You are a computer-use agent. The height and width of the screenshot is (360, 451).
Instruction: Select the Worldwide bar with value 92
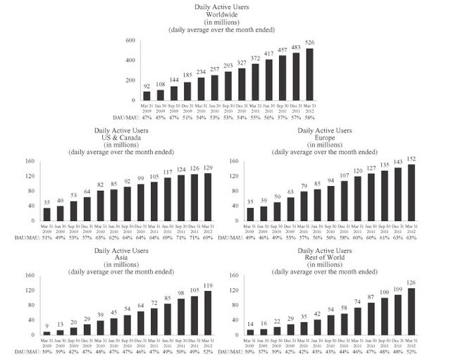click(147, 95)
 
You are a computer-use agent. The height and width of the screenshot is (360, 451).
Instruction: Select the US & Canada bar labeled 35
click(47, 213)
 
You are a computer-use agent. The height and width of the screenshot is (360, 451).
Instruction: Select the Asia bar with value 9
click(47, 333)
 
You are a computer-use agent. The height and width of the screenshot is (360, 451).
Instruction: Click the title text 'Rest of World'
click(342, 256)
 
